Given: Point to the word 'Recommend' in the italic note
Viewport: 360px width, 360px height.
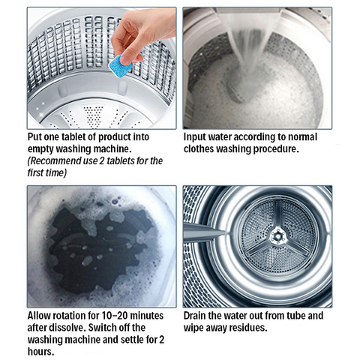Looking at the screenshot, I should coord(56,161).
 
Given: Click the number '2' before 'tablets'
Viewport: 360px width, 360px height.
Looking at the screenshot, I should coord(103,161).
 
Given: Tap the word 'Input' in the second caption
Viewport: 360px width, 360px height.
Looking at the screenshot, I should coord(196,137).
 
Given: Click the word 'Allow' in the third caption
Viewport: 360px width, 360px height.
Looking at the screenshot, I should coord(41,316).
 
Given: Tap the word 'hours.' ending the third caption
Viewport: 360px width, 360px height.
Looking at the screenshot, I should coord(41,351).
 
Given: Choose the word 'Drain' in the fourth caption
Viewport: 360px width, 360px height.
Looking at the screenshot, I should coord(197,316).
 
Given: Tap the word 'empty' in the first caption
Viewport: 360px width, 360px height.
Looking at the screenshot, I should coord(41,149).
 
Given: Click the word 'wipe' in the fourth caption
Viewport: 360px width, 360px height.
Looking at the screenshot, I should coord(196,328).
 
